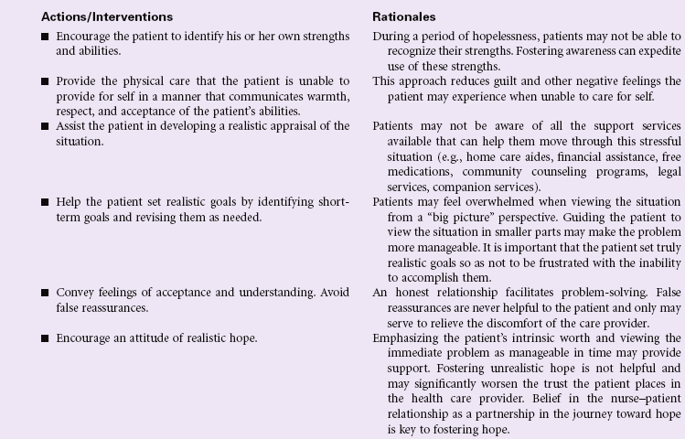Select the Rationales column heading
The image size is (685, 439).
[x=402, y=17]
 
